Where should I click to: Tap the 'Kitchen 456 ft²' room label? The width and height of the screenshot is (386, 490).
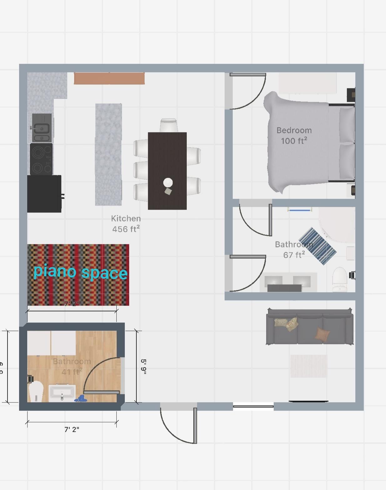pos(126,224)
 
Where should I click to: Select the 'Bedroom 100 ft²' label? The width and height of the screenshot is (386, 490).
pos(294,136)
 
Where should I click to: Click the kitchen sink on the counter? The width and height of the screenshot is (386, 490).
pos(42,128)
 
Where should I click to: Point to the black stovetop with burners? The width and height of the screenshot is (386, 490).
pos(41,159)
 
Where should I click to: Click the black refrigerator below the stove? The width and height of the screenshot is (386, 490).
pos(44,194)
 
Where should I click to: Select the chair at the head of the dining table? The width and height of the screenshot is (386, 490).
pos(169,125)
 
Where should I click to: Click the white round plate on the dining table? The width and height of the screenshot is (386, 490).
pos(168,182)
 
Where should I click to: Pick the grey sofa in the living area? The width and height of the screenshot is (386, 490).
pos(309,327)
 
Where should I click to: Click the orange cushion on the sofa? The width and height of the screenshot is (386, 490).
pos(322,334)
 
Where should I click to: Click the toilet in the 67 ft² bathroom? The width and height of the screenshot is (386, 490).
pos(340,279)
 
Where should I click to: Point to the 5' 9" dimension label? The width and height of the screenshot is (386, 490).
pos(144,366)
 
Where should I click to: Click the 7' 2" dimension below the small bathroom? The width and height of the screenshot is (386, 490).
pos(72,430)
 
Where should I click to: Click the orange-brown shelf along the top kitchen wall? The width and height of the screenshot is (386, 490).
pos(109,78)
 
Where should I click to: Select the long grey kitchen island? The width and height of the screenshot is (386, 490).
pos(108,154)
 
